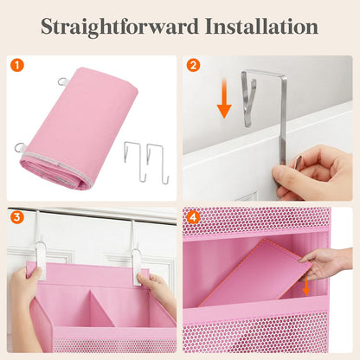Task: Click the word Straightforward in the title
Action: (119, 27)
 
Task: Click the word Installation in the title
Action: (261, 26)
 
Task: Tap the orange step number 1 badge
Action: (17, 66)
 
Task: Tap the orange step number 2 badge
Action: (193, 66)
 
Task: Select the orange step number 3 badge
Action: (17, 217)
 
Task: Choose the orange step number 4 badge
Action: (193, 217)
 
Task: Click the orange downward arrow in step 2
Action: (224, 98)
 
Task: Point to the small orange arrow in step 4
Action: (306, 286)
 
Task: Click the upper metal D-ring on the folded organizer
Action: (62, 81)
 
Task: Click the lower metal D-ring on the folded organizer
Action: (20, 148)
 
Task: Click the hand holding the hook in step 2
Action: (312, 173)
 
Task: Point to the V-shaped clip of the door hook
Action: (248, 101)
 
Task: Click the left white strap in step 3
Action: (40, 260)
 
